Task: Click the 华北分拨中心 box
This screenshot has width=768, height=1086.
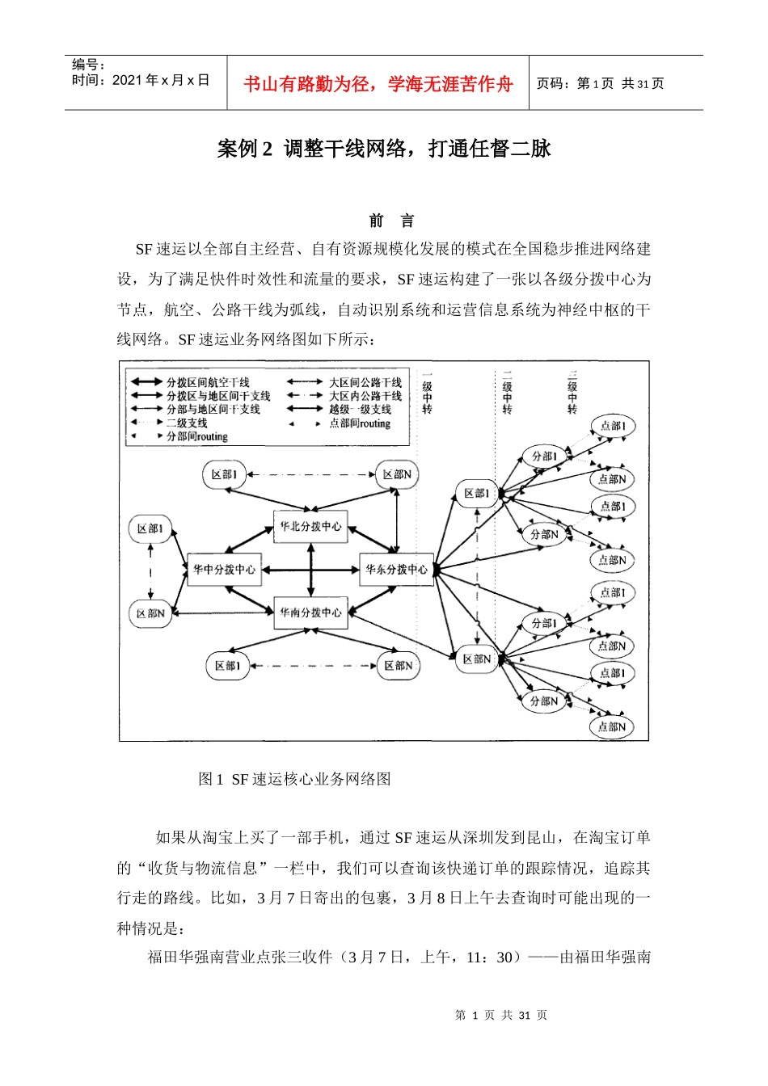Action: [311, 526]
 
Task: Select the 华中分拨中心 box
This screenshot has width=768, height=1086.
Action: [224, 570]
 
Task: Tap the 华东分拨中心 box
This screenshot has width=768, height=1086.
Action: [396, 570]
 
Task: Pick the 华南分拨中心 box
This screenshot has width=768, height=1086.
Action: [311, 612]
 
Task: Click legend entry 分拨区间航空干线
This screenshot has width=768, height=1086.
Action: [208, 382]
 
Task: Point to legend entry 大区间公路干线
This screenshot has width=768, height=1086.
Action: [365, 382]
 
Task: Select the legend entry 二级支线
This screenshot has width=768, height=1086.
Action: [187, 423]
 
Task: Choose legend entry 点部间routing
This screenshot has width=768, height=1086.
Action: [359, 423]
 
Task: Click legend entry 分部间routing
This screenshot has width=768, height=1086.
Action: [197, 436]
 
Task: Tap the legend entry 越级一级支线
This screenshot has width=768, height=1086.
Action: [360, 410]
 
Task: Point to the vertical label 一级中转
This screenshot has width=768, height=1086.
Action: [427, 393]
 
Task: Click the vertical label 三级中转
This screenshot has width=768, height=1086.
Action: [572, 393]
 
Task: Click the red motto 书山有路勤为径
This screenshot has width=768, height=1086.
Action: [378, 84]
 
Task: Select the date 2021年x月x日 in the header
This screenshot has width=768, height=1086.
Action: [141, 80]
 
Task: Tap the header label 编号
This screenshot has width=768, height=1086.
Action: [88, 65]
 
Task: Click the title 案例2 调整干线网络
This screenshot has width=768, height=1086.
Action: [384, 149]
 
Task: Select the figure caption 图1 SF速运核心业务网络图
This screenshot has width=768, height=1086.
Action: [294, 779]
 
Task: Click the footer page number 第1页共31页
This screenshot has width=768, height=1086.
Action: [501, 1015]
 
